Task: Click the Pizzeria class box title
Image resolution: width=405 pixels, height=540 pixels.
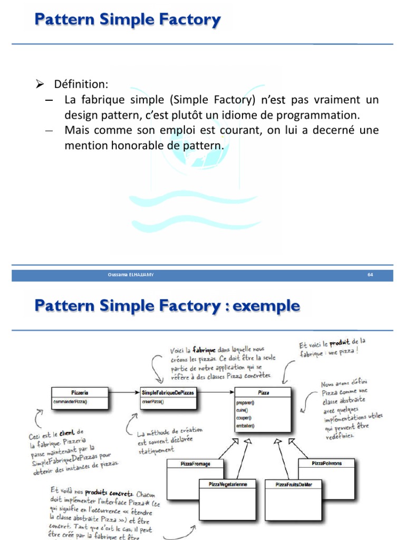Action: coord(79,392)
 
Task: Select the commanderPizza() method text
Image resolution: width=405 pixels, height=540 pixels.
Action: coord(71,402)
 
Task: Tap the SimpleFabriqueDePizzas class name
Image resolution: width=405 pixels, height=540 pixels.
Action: coord(168,392)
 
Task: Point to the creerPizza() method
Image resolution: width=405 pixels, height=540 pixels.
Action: coord(153,402)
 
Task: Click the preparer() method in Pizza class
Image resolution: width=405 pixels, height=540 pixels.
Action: coord(246,402)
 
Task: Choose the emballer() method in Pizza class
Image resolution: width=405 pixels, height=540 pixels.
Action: coord(246,426)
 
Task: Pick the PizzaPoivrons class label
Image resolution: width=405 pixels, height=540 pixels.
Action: coord(326,463)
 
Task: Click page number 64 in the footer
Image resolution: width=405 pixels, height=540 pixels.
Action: coord(370,275)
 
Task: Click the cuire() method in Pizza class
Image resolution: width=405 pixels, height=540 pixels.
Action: coord(243,410)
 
